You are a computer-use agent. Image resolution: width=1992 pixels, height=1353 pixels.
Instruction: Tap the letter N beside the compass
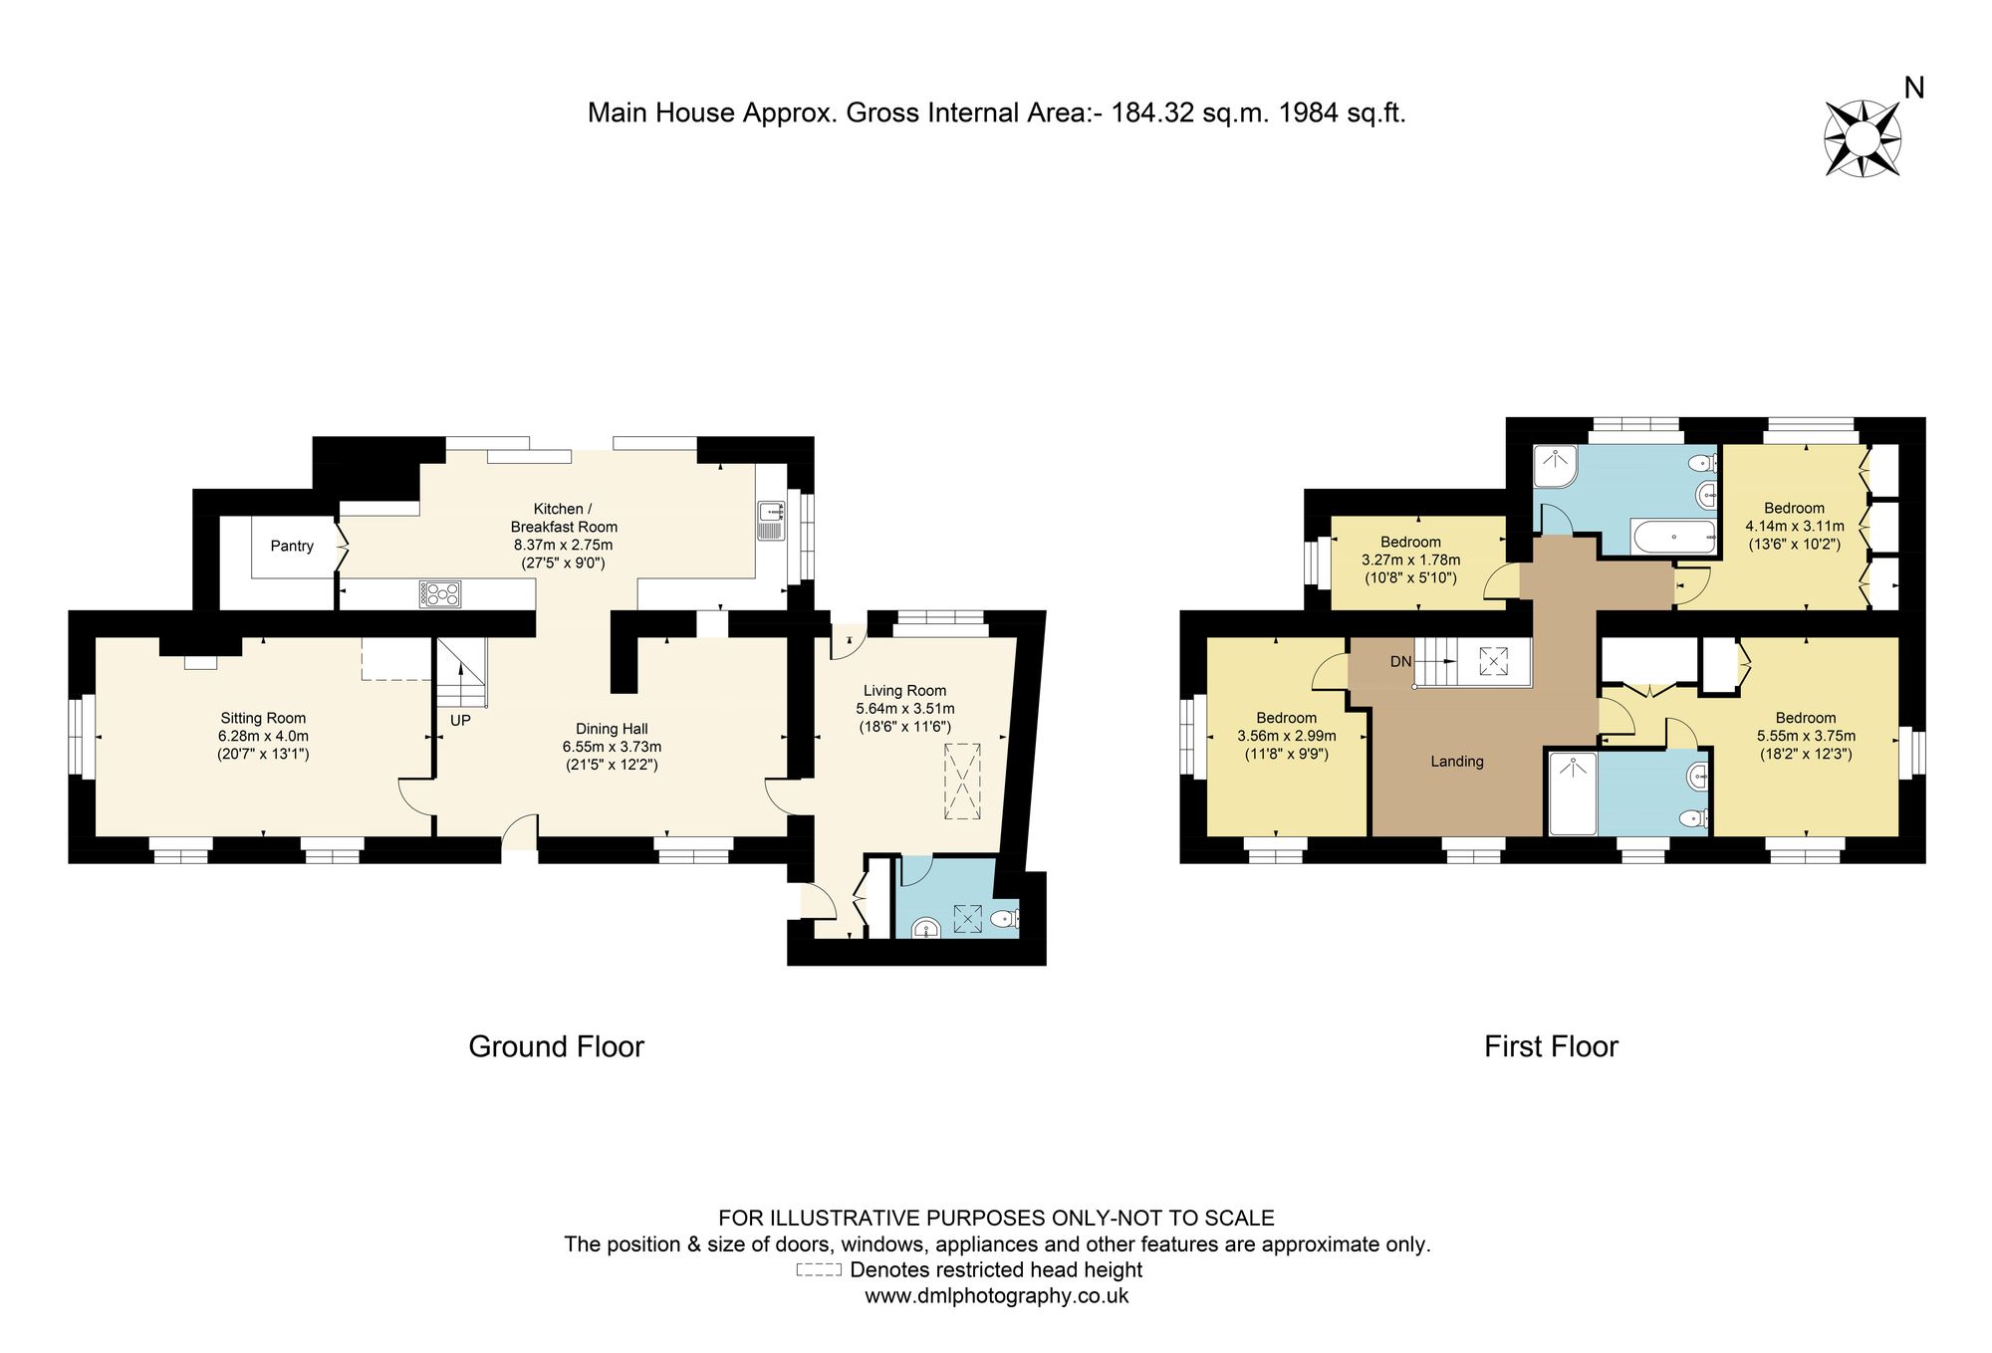tap(1913, 89)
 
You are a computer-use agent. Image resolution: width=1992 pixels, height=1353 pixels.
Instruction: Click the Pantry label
tap(292, 546)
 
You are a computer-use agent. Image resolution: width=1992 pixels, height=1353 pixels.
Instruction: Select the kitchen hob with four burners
tap(440, 593)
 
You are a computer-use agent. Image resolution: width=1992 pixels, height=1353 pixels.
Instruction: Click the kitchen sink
tap(770, 521)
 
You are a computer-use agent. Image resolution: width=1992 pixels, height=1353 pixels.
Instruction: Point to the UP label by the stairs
tap(460, 720)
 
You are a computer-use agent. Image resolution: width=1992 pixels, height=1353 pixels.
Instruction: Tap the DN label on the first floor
tap(1401, 661)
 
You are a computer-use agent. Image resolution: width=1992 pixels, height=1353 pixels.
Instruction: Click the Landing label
tap(1457, 762)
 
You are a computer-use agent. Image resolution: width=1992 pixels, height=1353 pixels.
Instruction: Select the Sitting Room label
tap(263, 718)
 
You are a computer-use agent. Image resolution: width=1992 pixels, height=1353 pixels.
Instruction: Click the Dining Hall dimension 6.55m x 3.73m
tap(612, 747)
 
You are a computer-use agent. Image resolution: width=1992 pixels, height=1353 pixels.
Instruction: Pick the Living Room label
tap(904, 691)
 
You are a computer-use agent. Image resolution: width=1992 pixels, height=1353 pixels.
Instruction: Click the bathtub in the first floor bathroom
tap(1673, 537)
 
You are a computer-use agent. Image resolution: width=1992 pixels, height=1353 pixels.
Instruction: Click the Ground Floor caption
tap(557, 1047)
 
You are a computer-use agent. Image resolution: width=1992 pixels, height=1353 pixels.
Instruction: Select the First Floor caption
tap(1551, 1047)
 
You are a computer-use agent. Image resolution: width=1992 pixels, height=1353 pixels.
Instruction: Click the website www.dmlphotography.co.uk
tap(996, 1296)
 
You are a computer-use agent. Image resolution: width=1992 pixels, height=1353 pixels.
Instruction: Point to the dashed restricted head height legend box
tap(819, 1270)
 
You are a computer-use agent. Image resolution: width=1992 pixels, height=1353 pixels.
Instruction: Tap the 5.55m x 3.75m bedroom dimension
tap(1806, 736)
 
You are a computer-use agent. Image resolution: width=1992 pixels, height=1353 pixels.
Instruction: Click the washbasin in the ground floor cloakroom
tap(926, 929)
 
